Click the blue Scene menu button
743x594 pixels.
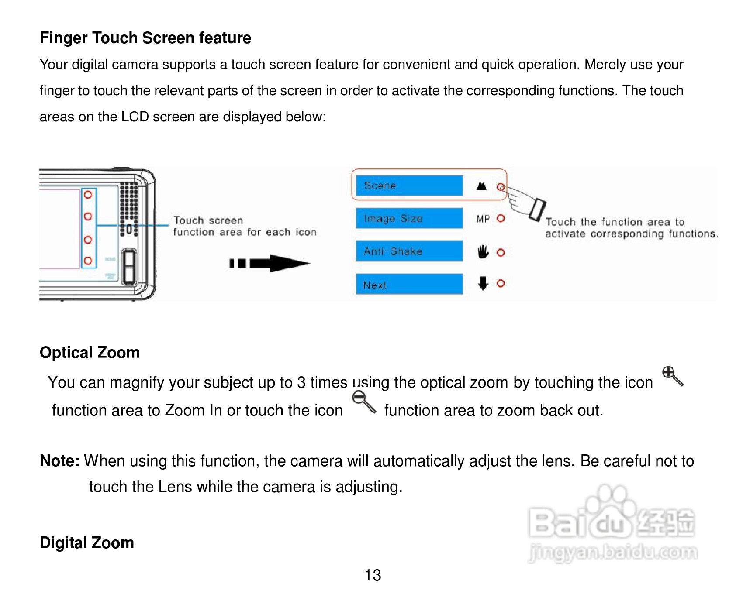pos(409,185)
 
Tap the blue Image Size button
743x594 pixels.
pos(409,218)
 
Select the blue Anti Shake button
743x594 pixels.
pos(409,251)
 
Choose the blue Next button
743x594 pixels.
pos(409,284)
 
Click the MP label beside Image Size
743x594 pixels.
pos(483,219)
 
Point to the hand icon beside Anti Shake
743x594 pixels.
pos(483,252)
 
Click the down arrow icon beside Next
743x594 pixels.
pos(483,283)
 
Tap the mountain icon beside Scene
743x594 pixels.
pos(481,186)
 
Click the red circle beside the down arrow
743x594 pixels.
pos(501,283)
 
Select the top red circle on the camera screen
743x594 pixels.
pos(88,195)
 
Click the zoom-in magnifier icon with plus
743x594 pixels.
pos(672,376)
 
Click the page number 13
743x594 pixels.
pos(373,575)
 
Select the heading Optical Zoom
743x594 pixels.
pos(90,353)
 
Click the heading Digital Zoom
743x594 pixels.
pos(86,543)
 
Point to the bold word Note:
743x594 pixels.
pos(59,461)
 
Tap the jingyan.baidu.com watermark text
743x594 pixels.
pos(612,553)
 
